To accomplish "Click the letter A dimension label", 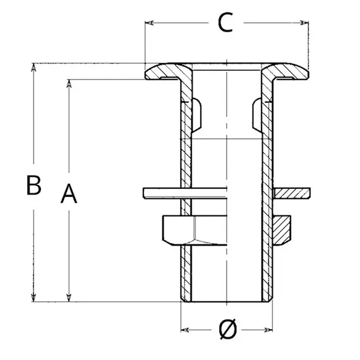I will coord(69,194).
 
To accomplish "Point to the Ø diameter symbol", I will coord(227,329).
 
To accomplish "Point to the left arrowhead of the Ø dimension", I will coord(186,329).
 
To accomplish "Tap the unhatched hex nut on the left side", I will coord(179,231).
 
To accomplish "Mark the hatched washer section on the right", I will coord(292,192).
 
